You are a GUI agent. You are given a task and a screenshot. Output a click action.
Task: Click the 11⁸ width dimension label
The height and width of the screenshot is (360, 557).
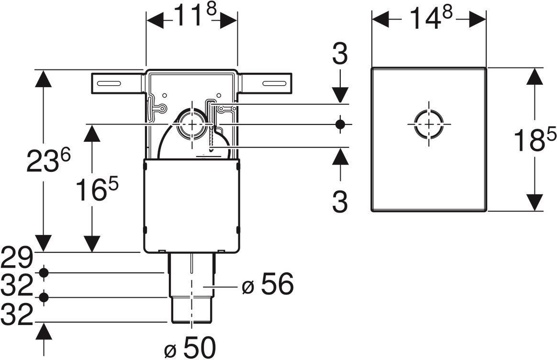point(191,18)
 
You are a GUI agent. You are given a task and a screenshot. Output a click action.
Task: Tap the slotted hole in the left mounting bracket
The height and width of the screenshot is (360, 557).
point(110,83)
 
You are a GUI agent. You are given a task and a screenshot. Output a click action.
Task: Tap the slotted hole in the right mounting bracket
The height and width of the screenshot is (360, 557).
point(274,83)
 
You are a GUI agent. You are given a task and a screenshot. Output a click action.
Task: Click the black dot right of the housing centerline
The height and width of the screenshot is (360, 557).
point(340,124)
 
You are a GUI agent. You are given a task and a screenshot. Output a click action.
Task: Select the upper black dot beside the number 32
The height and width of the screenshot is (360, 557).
point(45,273)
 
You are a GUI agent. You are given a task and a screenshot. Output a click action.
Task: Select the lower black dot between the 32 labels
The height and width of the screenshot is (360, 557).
point(45,298)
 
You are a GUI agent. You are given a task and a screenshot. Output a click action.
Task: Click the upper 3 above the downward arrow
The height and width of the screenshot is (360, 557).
point(340,55)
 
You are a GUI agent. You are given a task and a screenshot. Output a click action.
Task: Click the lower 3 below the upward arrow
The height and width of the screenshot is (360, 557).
point(340,202)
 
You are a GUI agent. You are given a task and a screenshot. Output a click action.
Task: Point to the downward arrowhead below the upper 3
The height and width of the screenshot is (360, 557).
point(340,93)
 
